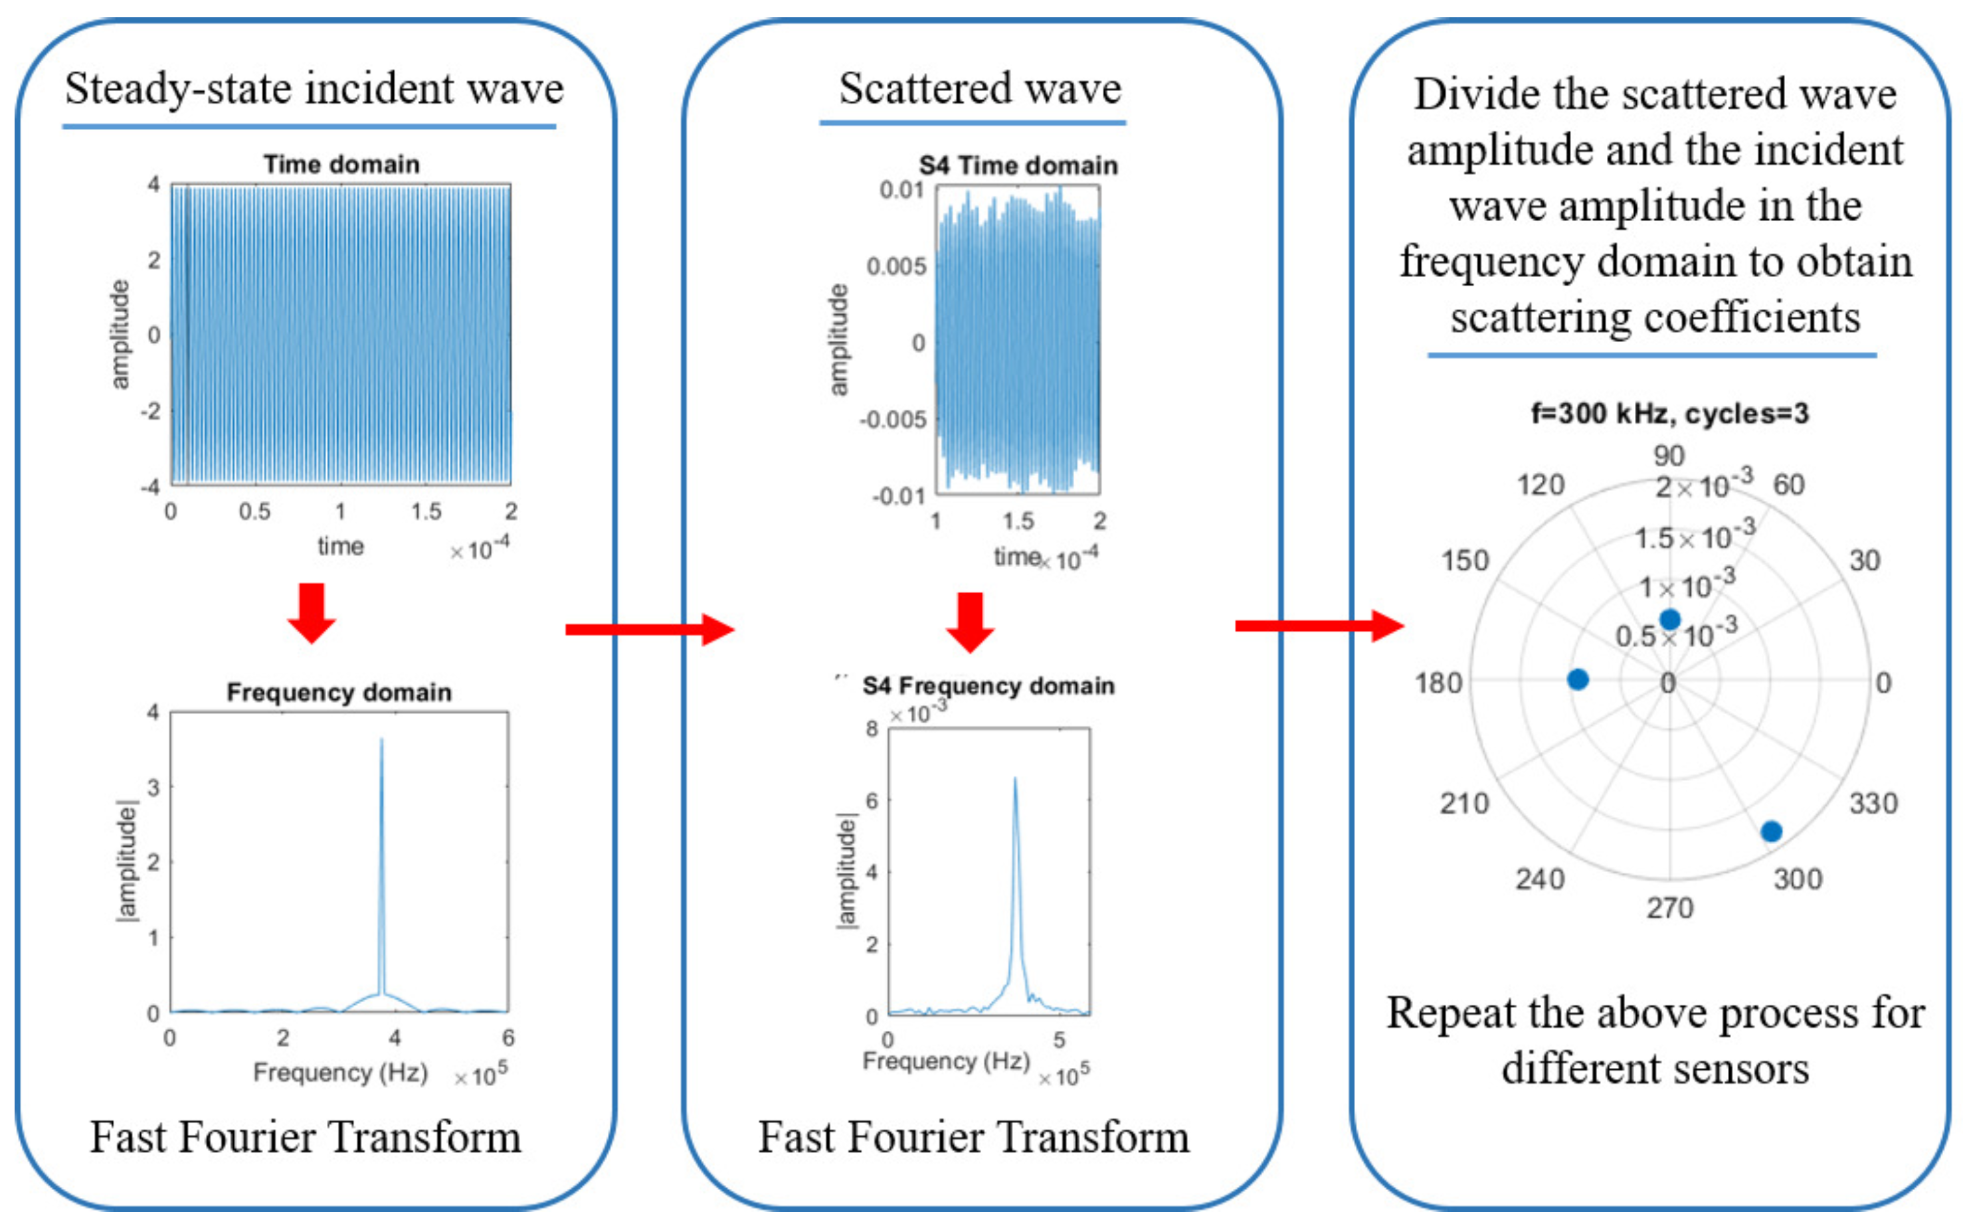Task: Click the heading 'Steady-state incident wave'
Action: [x=314, y=88]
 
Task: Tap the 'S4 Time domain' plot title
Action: [x=1018, y=165]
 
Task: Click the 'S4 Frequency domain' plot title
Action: [x=988, y=686]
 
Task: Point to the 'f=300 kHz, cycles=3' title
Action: [x=1669, y=414]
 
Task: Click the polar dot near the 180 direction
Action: [x=1578, y=679]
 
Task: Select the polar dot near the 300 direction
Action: [x=1771, y=831]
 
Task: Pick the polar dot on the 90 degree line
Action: [x=1669, y=620]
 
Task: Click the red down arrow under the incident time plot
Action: [x=312, y=613]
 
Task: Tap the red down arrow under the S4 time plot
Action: [x=970, y=622]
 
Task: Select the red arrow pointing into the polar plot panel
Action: [x=1319, y=625]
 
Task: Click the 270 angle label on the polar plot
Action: [x=1669, y=907]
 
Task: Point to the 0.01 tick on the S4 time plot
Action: [x=901, y=191]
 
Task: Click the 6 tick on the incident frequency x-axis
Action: [x=508, y=1037]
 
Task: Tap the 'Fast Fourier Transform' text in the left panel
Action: [x=305, y=1137]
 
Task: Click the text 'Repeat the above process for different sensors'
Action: [x=1655, y=1040]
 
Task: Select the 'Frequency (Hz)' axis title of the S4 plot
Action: [x=945, y=1061]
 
